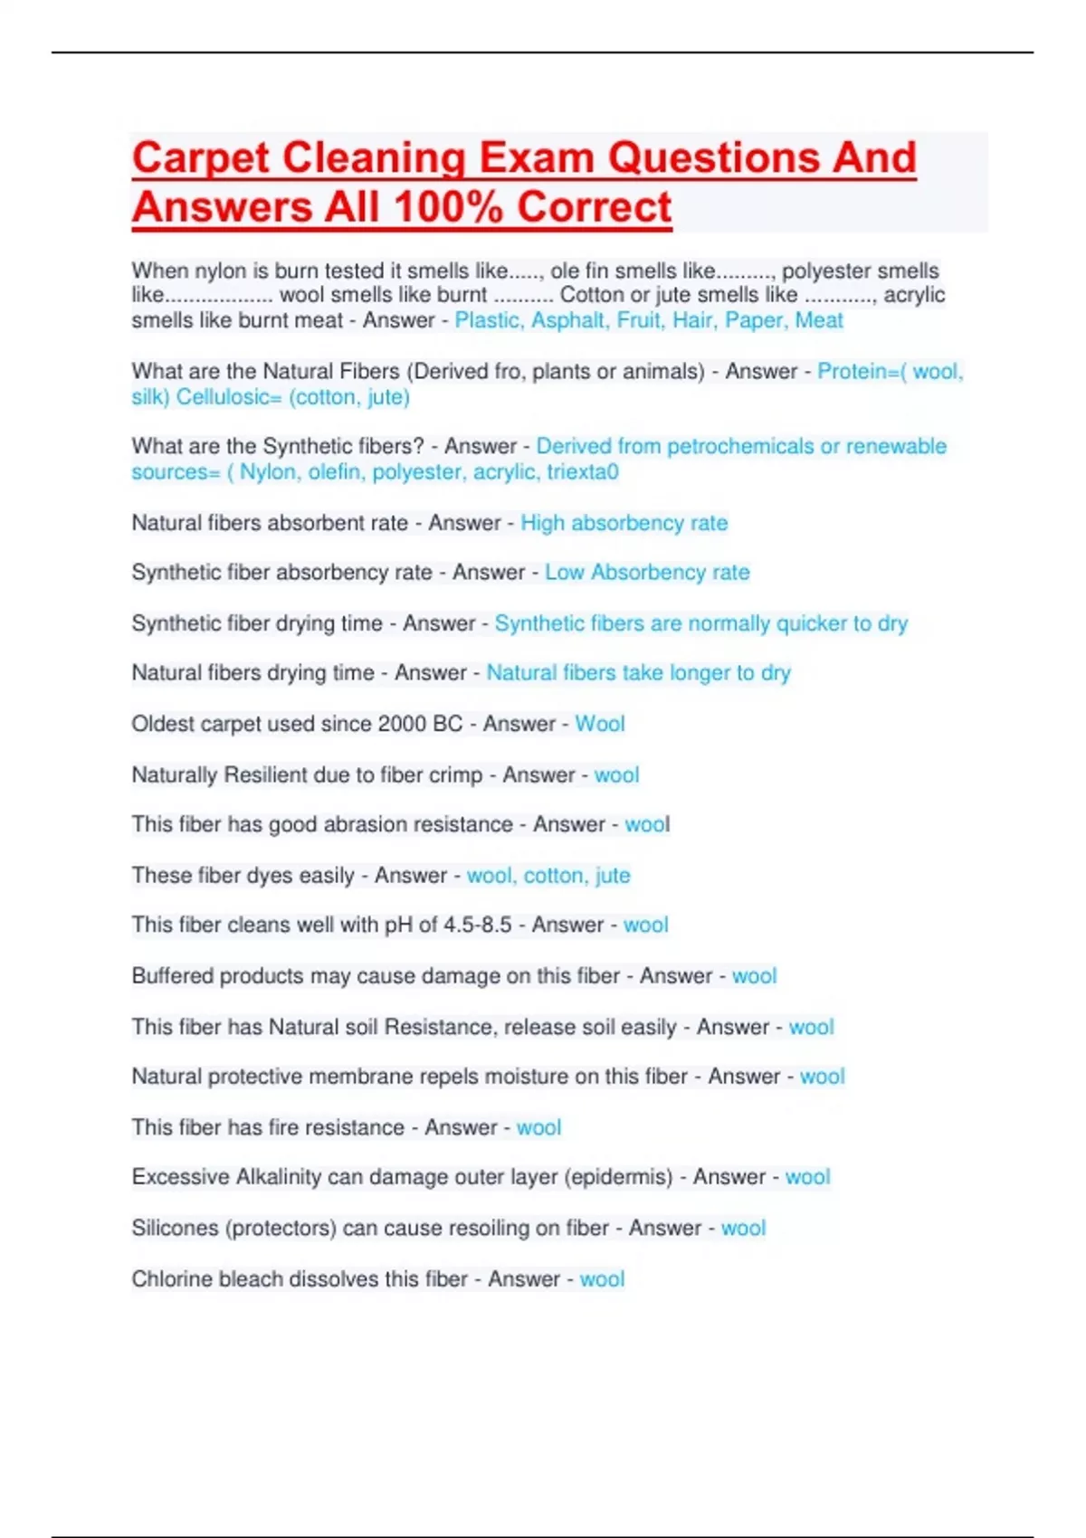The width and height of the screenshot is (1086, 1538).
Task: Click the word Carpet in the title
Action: tap(201, 158)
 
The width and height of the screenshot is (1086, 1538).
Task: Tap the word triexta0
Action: tap(583, 471)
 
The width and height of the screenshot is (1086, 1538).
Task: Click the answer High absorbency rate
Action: tap(624, 523)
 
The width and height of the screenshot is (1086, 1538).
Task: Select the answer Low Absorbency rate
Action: tap(647, 573)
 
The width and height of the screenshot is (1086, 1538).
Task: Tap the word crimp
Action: tap(455, 775)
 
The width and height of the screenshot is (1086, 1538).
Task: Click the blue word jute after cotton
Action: tap(613, 876)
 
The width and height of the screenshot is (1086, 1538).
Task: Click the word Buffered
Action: tap(172, 976)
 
